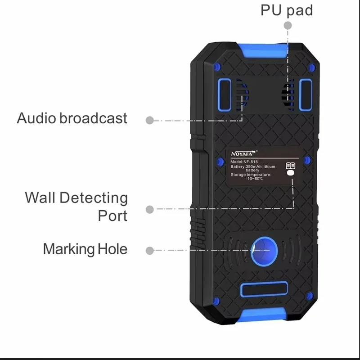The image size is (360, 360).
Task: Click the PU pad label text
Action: coord(287,10)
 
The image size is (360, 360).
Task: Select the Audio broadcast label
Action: coord(72,118)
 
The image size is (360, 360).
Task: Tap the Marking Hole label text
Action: coord(85,249)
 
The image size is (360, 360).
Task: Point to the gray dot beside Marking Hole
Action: coord(150,250)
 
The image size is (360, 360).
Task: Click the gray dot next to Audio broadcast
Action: coord(150,120)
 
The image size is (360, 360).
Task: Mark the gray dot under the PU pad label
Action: coord(287,26)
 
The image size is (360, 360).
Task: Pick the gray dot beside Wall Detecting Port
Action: coord(150,209)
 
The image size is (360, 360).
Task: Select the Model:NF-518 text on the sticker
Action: coord(245,162)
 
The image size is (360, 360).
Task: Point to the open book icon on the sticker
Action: coord(291,166)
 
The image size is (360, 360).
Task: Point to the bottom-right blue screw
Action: coord(310,295)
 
